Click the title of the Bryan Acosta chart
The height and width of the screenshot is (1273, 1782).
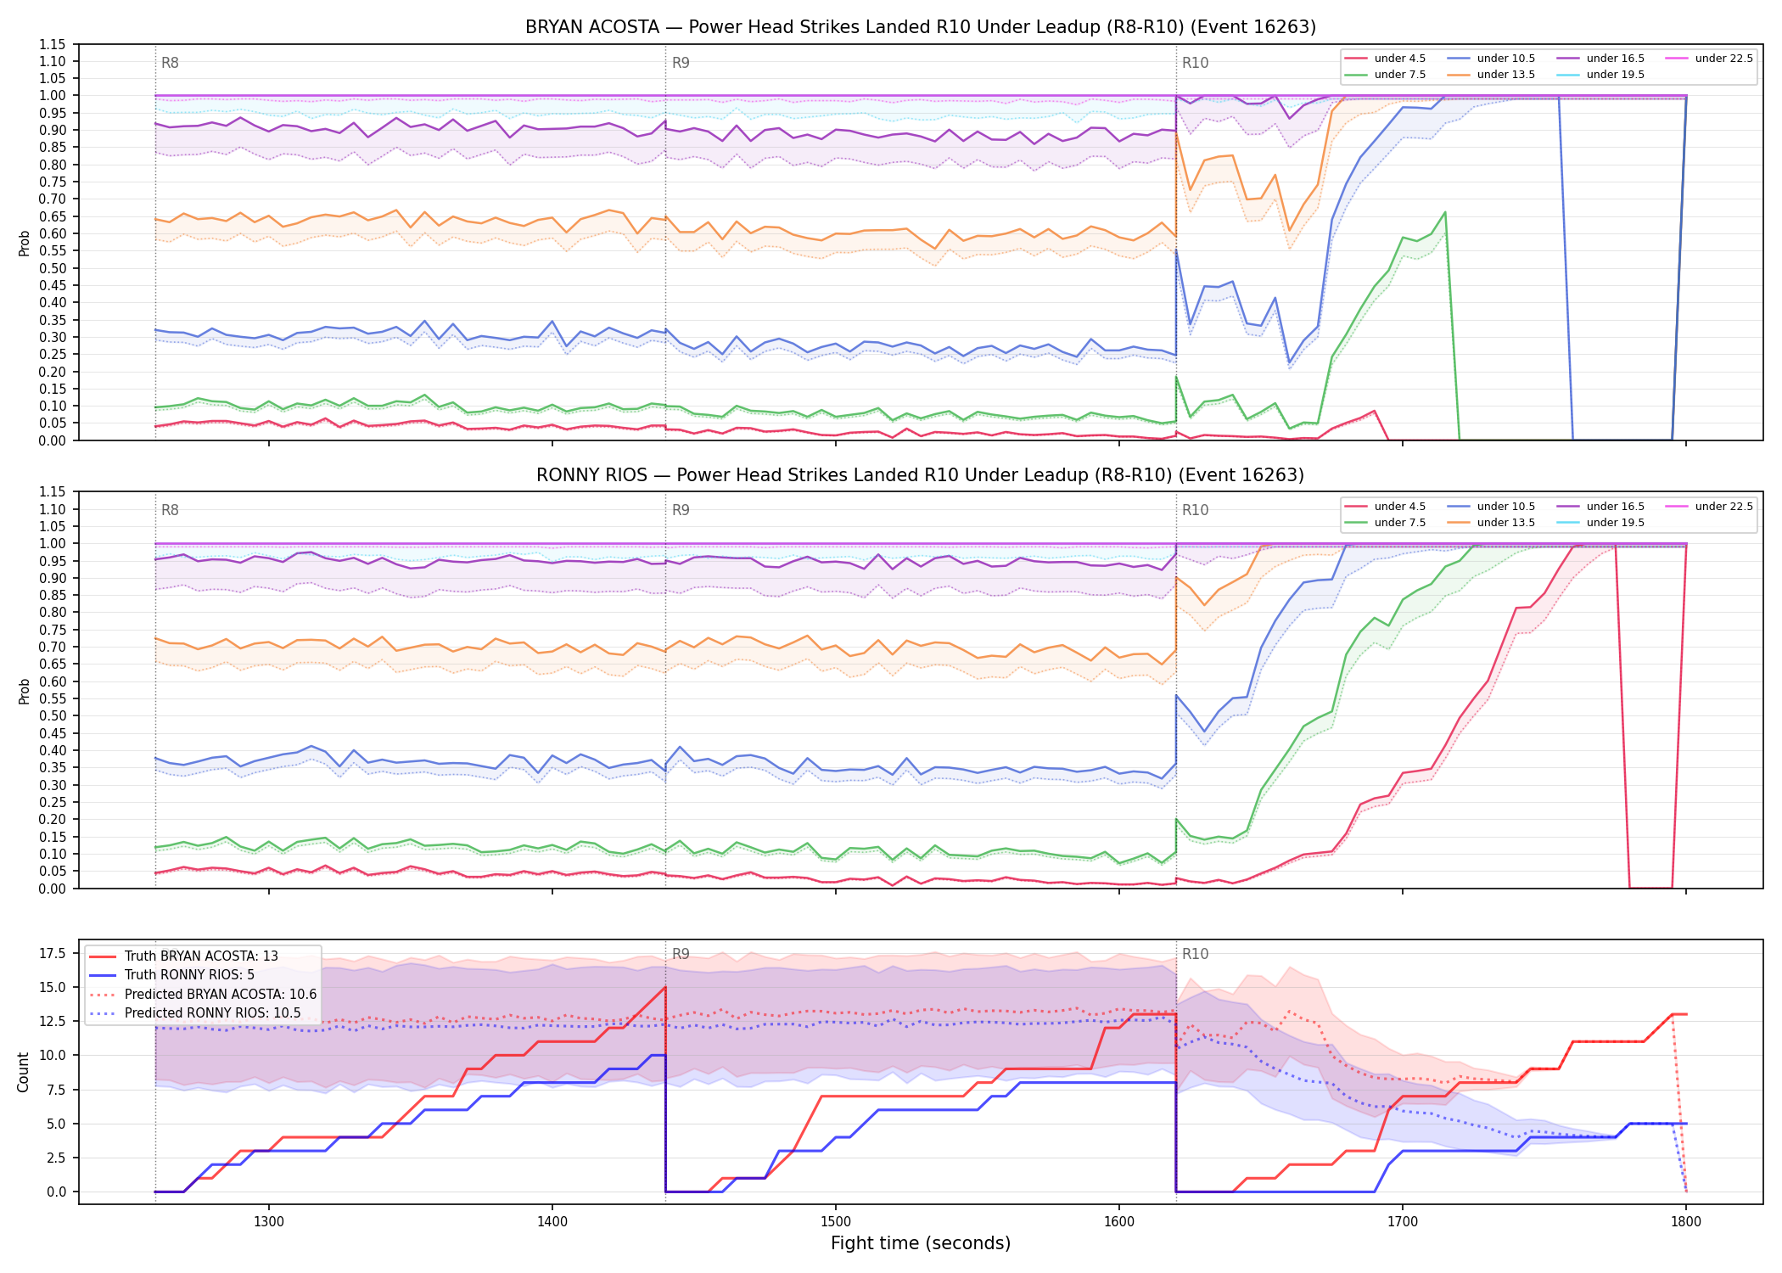pos(921,27)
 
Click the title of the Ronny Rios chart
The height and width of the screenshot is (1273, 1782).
pos(921,475)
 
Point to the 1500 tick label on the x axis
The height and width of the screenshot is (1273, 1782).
pos(836,1222)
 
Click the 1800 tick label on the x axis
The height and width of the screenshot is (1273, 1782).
pos(1686,1222)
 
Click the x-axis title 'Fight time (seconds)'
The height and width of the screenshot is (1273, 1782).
pos(921,1243)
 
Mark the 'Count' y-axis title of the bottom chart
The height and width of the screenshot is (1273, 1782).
pos(23,1072)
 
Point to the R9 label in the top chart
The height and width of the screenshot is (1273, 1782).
pos(681,63)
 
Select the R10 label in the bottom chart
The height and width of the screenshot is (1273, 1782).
pos(1196,954)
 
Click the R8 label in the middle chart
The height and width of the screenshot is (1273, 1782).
pos(170,510)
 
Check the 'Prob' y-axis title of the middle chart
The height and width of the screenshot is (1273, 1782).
pos(25,691)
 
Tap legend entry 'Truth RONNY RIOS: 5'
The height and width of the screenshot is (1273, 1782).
pos(189,975)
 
